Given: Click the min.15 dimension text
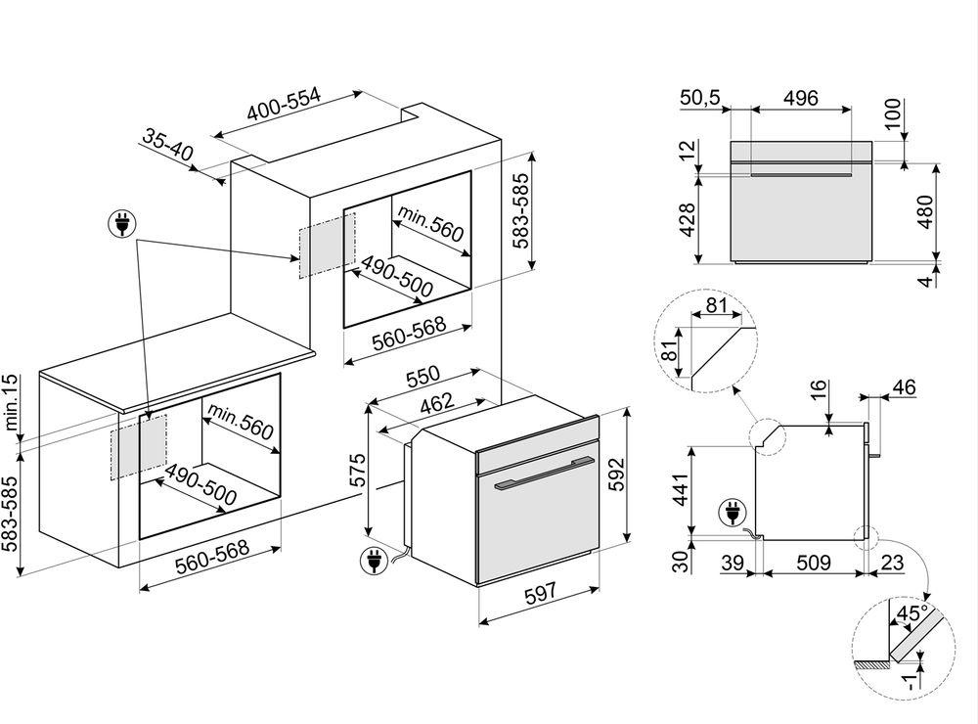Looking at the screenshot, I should [x=11, y=404].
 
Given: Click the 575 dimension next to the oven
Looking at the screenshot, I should [x=358, y=470].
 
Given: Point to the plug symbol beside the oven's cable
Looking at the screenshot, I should [x=373, y=561].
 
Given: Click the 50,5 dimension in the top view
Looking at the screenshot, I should [x=699, y=98].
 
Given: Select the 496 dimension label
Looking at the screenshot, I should [x=801, y=98].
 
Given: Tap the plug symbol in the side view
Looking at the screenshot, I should [x=730, y=511].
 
